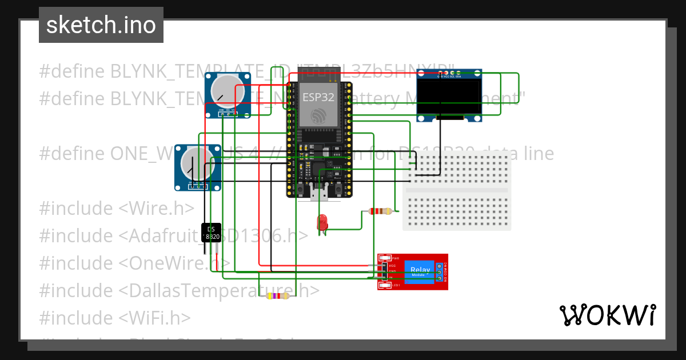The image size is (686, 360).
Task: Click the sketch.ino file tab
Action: tap(101, 25)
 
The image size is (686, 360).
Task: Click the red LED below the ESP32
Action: tap(323, 221)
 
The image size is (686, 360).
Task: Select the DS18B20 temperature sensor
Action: tap(211, 233)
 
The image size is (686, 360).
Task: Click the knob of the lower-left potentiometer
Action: tap(193, 162)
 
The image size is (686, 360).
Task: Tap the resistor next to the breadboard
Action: tap(380, 211)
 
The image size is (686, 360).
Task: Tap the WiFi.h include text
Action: tap(154, 317)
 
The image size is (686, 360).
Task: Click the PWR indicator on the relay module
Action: tap(385, 258)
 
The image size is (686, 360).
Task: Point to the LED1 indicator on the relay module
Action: tap(385, 285)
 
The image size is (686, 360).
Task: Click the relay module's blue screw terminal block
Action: tap(440, 272)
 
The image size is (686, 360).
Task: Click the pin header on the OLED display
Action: tap(449, 74)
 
